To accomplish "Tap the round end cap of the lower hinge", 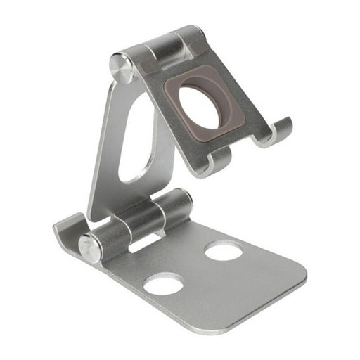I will pyautogui.click(x=90, y=248).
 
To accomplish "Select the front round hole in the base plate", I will pyautogui.click(x=163, y=283).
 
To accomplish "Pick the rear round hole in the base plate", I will pyautogui.click(x=224, y=250).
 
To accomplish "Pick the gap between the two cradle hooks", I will pyautogui.click(x=243, y=148).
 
